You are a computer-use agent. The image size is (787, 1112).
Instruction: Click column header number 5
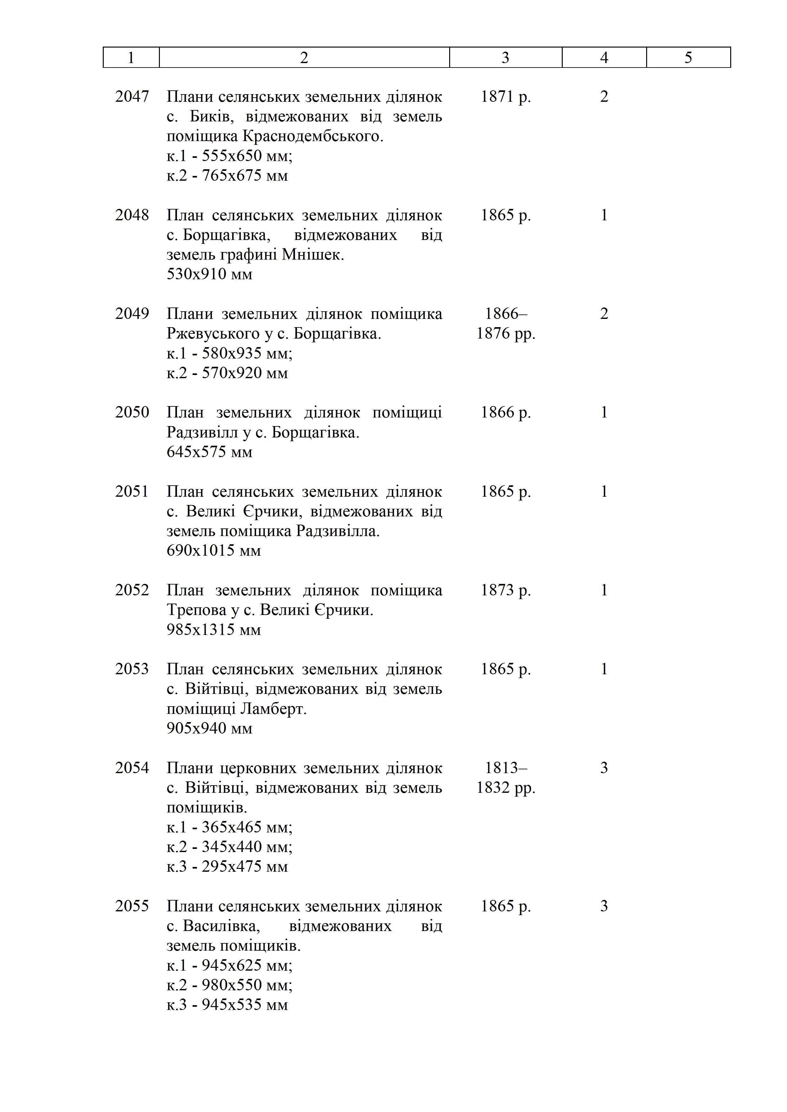point(688,58)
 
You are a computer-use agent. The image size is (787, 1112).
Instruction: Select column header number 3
point(505,58)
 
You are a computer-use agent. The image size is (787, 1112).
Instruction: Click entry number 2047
point(132,97)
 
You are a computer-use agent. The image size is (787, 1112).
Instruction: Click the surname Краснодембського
point(312,137)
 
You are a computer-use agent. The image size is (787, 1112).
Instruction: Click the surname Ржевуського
point(213,334)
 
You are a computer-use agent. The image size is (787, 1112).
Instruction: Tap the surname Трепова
point(196,610)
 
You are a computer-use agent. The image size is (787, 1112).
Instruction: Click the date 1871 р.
point(505,97)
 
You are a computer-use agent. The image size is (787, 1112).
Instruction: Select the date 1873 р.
point(505,590)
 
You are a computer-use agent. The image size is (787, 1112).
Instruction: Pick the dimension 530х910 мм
point(209,275)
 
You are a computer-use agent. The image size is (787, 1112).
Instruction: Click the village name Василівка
point(221,926)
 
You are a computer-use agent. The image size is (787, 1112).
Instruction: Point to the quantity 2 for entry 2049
point(604,314)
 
